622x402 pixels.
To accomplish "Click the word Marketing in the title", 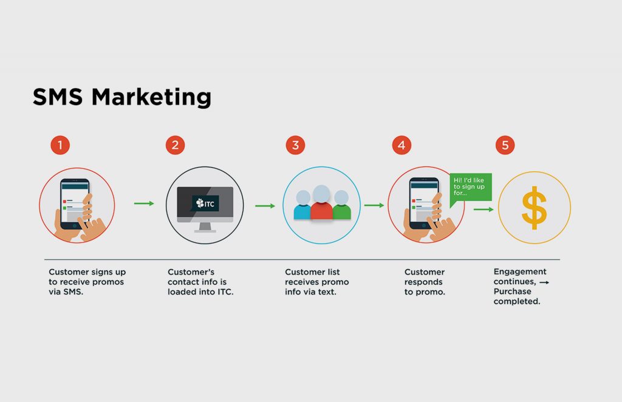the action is (x=151, y=97).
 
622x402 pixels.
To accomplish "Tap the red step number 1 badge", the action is (x=60, y=145).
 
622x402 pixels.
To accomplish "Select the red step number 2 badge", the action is (x=176, y=145).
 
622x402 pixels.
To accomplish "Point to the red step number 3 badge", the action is (x=296, y=145).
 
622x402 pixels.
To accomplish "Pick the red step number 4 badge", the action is (x=402, y=145).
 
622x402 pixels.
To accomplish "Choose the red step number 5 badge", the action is (x=505, y=145).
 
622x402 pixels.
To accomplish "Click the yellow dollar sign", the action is (x=535, y=208).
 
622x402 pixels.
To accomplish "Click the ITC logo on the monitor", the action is (x=205, y=203).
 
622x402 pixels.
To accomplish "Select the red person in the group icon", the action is (x=321, y=202).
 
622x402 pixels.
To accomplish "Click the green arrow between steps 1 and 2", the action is (x=144, y=203).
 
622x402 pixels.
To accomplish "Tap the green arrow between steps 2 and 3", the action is (x=265, y=206).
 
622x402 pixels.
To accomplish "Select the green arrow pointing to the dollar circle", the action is (x=484, y=210).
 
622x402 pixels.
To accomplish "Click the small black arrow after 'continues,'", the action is (x=544, y=282).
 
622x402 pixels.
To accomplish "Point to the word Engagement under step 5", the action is (x=520, y=272).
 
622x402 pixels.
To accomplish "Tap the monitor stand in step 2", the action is (x=205, y=227).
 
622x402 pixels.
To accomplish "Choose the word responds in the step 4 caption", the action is (x=423, y=282).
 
